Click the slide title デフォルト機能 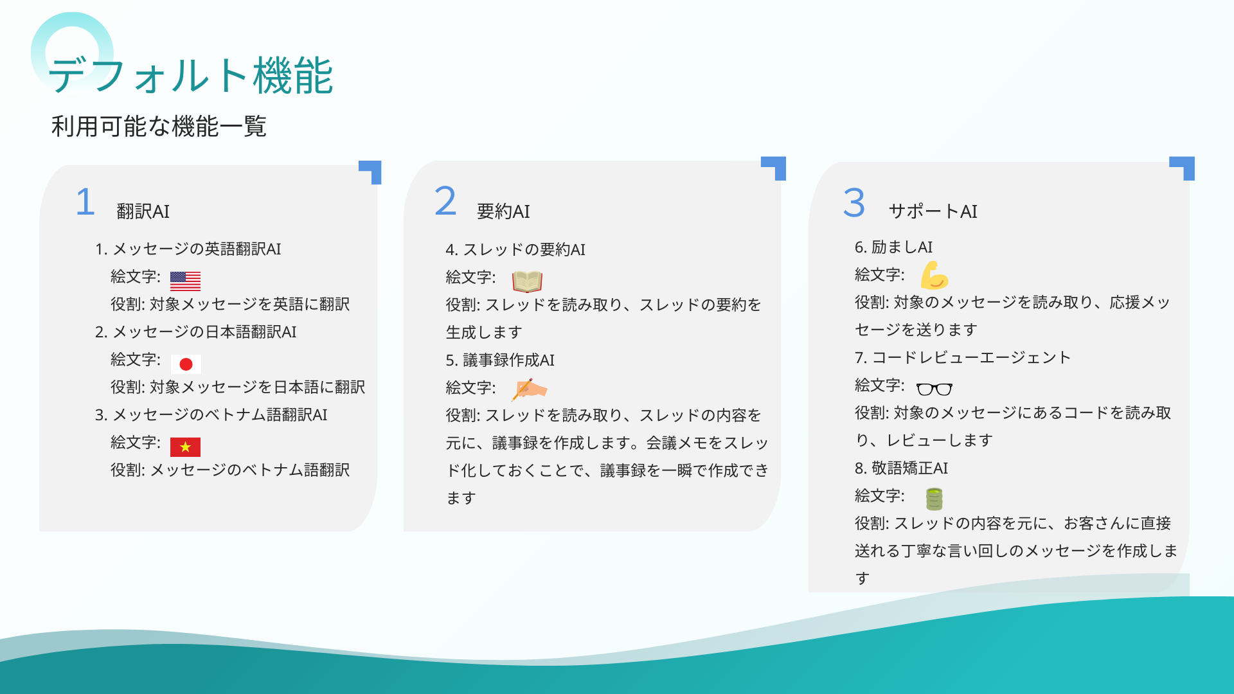pyautogui.click(x=191, y=76)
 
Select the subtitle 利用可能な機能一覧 pyautogui.click(x=159, y=126)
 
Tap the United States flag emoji pyautogui.click(x=185, y=281)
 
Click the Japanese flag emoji pyautogui.click(x=186, y=364)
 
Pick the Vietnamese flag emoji pyautogui.click(x=185, y=447)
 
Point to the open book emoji pyautogui.click(x=527, y=281)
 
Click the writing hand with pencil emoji pyautogui.click(x=529, y=389)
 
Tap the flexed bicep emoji pyautogui.click(x=934, y=275)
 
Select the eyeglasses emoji pyautogui.click(x=934, y=389)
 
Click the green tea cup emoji pyautogui.click(x=934, y=499)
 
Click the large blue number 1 pyautogui.click(x=85, y=202)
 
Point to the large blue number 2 pyautogui.click(x=445, y=200)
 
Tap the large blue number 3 pyautogui.click(x=854, y=202)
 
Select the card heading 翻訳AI pyautogui.click(x=143, y=211)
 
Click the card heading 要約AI pyautogui.click(x=503, y=211)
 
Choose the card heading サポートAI pyautogui.click(x=933, y=211)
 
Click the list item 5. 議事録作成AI pyautogui.click(x=500, y=360)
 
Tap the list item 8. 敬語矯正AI pyautogui.click(x=901, y=468)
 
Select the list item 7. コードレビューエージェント pyautogui.click(x=962, y=357)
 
